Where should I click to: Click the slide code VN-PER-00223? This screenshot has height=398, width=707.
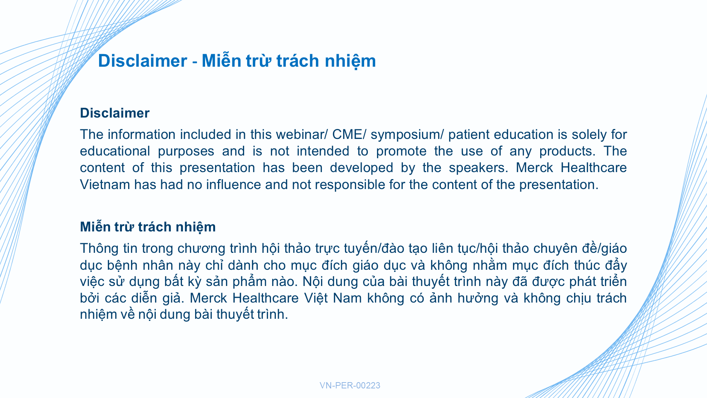[350, 385]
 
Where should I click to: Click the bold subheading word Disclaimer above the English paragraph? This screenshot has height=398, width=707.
[115, 113]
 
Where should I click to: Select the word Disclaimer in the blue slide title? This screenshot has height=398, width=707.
[143, 61]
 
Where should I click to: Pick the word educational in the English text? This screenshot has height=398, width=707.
[115, 151]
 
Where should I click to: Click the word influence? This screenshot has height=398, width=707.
[233, 185]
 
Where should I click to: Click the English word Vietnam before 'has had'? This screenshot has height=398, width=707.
[105, 185]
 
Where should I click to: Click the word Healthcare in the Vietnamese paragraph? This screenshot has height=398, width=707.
[265, 298]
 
